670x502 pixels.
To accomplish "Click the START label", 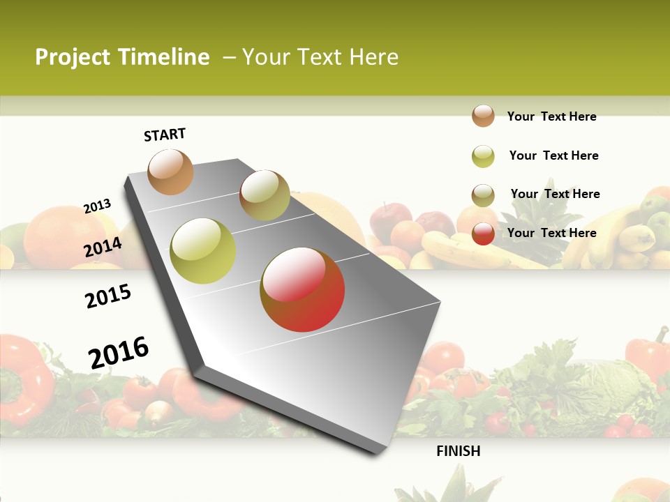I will click(165, 135).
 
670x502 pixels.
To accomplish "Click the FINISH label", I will click(458, 451).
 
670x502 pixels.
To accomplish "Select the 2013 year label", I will click(97, 206).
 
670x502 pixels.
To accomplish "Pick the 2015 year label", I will click(108, 296).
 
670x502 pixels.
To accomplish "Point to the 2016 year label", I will click(119, 352).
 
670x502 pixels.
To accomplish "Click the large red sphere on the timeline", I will click(302, 289).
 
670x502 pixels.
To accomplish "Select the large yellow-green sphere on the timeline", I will click(203, 250).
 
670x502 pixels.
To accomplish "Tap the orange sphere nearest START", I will click(170, 172).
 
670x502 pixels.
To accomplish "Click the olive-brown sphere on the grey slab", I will click(265, 195).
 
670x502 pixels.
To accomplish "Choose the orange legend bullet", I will click(483, 116).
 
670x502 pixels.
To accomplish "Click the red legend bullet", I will click(483, 234).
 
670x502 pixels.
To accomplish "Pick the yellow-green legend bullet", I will click(483, 156).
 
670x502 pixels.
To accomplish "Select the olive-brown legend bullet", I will click(483, 195).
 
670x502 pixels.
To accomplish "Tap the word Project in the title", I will click(74, 57).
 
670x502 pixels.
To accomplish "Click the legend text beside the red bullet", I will click(551, 233).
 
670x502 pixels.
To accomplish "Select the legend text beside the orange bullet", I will click(551, 116).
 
